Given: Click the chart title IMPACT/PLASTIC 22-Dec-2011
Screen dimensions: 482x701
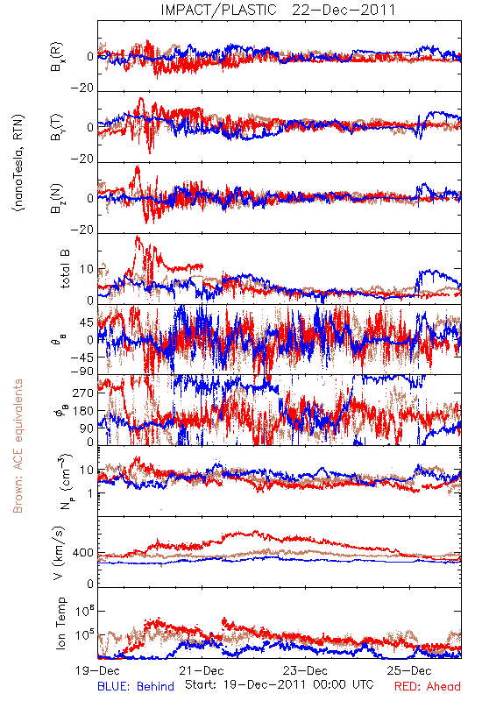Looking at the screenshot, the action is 278,10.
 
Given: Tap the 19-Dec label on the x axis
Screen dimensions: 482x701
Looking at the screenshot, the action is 97,670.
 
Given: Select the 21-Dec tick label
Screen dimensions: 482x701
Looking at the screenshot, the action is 202,670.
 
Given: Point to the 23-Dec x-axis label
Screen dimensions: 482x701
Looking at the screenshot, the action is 305,670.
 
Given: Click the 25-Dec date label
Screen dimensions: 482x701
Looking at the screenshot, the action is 409,670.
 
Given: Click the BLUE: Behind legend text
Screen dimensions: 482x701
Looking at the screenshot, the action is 136,686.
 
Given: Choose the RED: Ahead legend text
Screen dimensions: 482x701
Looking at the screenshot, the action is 428,686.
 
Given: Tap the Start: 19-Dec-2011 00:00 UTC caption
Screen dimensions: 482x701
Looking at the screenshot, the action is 280,684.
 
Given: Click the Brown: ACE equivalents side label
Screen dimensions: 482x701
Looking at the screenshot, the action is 18,446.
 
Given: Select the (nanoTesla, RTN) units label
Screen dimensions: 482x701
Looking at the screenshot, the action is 18,162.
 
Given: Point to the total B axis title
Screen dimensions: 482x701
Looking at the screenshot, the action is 64,269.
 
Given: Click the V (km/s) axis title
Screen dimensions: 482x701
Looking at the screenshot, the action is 59,553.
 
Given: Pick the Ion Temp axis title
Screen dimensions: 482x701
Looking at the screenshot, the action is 60,623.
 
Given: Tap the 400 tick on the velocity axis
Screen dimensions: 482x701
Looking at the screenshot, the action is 83,553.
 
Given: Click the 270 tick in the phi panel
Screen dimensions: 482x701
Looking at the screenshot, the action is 83,393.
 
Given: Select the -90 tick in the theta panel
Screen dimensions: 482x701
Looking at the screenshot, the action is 82,371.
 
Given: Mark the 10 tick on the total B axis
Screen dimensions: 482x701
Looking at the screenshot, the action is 87,269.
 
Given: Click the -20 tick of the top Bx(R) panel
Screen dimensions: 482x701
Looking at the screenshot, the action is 82,89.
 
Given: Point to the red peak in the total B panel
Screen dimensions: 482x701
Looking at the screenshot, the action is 138,237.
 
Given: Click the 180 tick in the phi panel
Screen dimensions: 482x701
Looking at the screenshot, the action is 83,411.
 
